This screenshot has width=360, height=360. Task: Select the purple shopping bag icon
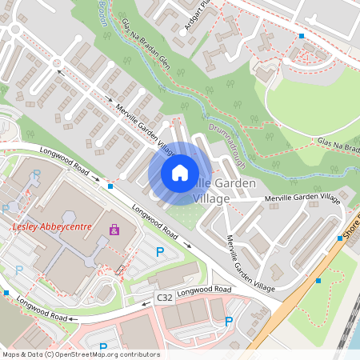(114, 230)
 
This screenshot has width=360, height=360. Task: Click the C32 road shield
(164, 298)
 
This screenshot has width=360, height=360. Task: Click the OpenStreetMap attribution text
(80, 354)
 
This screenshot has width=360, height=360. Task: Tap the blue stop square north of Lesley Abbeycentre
(110, 186)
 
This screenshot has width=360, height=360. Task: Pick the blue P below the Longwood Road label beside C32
(229, 322)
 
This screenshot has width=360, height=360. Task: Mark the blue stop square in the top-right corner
(302, 36)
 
